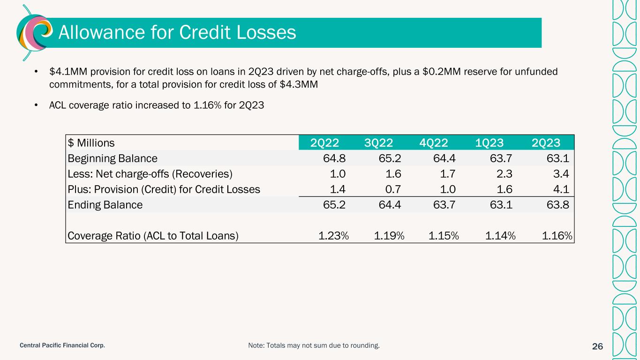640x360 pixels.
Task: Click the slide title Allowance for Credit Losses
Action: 177,32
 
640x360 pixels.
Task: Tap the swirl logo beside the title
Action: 35,32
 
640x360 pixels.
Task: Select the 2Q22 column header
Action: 324,143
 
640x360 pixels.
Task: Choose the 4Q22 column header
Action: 433,143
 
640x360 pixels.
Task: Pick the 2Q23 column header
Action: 546,143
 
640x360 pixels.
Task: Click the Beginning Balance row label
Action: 112,158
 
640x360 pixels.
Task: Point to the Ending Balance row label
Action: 105,205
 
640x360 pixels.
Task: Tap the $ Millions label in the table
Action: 91,143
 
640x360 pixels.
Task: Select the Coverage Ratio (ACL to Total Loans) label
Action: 153,236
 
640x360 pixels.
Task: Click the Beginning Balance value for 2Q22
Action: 334,158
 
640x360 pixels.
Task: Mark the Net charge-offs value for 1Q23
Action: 504,174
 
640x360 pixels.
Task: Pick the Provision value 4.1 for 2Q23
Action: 561,189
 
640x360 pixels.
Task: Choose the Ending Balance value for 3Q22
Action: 390,204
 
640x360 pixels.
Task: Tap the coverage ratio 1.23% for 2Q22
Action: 333,236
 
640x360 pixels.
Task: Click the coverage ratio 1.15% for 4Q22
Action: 444,236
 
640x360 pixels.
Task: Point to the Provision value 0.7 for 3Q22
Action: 393,189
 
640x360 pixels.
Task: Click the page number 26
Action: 597,346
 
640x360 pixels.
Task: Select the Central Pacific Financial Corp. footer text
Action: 62,345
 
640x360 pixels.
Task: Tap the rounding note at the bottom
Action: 314,345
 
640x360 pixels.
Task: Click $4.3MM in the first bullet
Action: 299,84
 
